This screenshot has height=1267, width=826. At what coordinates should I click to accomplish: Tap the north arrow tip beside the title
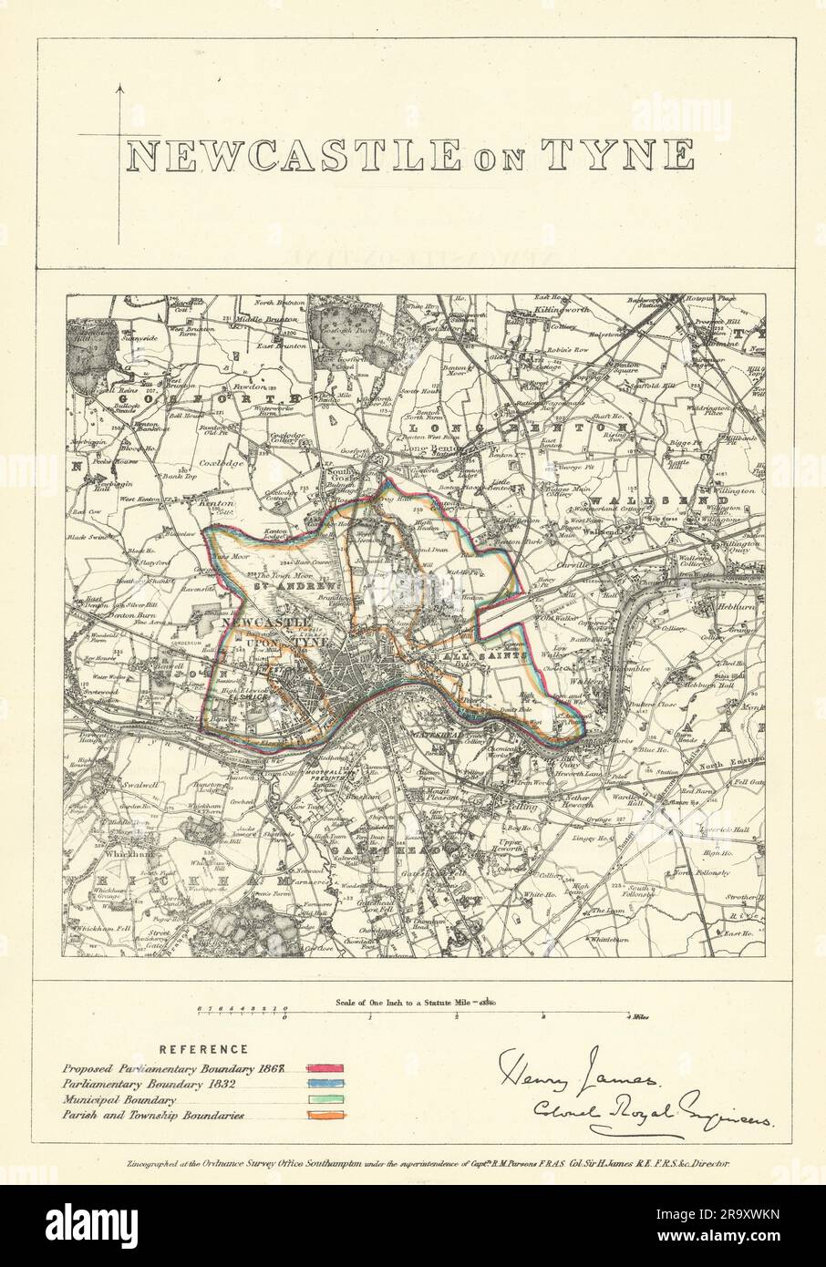(x=119, y=85)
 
